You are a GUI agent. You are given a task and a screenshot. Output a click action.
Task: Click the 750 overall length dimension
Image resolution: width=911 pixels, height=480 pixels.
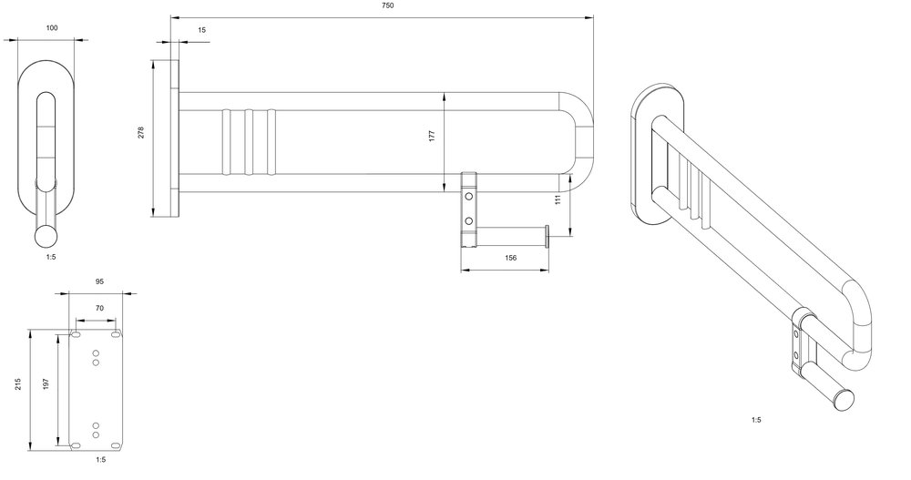(388, 5)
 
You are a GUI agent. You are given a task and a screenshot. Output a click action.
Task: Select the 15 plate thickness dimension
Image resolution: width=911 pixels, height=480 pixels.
(201, 30)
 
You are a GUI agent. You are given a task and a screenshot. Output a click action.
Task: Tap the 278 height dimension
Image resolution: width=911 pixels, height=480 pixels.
(141, 132)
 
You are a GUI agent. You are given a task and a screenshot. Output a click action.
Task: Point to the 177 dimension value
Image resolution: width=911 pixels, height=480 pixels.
(432, 137)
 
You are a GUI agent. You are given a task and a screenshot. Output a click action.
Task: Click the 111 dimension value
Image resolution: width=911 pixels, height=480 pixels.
(558, 199)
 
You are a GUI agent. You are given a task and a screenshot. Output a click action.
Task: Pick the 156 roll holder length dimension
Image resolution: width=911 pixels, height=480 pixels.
(511, 258)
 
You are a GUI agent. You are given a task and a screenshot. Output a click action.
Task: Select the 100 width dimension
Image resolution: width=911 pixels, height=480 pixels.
(52, 28)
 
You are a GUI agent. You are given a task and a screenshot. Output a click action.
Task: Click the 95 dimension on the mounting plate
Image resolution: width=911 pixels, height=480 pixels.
(99, 281)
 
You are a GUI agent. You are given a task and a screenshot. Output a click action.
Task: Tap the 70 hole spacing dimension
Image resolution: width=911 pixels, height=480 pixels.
(99, 309)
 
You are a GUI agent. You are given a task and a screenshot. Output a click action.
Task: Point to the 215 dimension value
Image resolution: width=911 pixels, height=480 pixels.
(18, 384)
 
